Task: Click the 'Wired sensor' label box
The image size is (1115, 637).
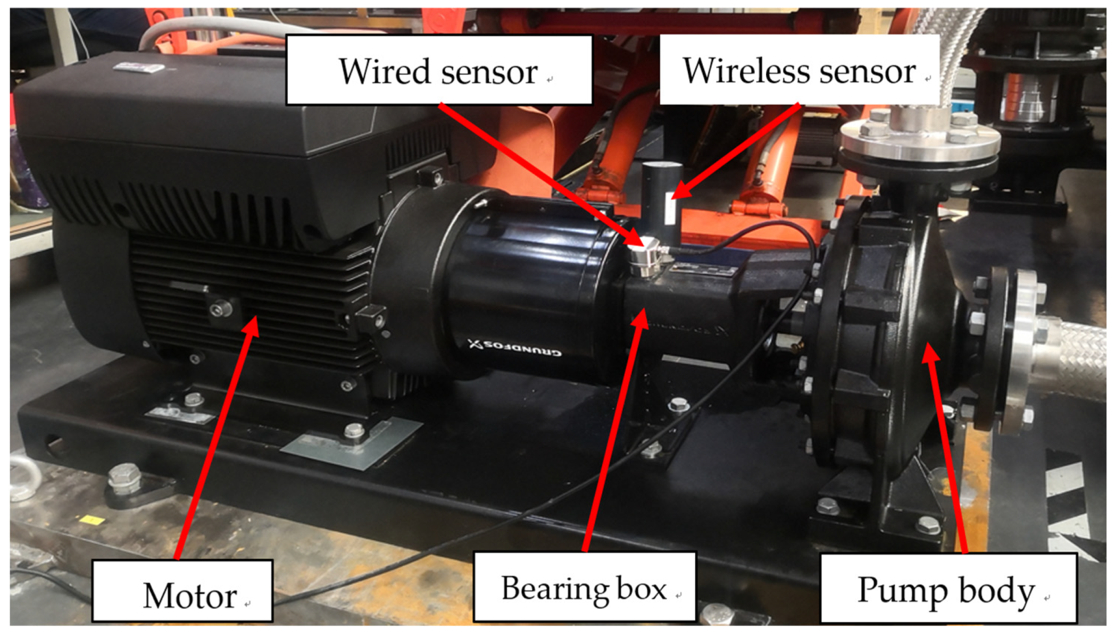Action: coord(439,70)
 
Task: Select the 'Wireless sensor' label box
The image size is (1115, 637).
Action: coord(799,70)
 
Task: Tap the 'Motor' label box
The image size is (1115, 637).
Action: coord(182,590)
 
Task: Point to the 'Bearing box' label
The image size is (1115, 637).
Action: coord(584,586)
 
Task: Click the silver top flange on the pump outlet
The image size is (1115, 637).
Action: coord(919,137)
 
